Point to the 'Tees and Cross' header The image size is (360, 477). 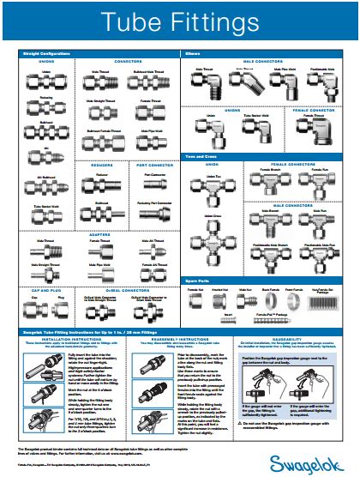(201, 155)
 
